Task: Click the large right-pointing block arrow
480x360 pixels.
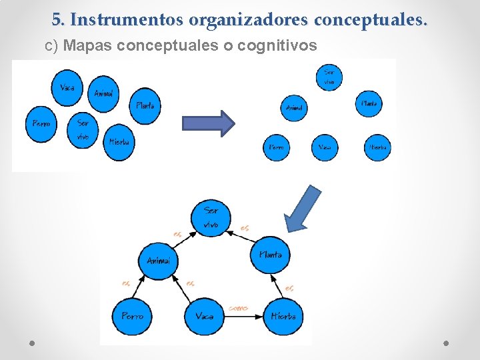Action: [x=209, y=123]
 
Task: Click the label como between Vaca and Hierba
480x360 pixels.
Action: [x=238, y=308]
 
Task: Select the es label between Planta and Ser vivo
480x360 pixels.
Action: [x=245, y=228]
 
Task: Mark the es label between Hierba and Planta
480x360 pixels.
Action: [x=289, y=288]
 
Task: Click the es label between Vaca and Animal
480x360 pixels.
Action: [x=191, y=283]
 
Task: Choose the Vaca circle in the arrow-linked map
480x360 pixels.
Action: [x=204, y=316]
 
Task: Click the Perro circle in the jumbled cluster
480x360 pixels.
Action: [x=41, y=124]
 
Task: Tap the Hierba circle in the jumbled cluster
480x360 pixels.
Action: [x=119, y=141]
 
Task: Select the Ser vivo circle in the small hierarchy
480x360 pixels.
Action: [x=329, y=77]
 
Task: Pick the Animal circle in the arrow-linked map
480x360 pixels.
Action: [x=157, y=261]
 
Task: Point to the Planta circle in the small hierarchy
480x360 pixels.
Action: [x=369, y=104]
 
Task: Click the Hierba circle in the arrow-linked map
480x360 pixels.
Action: [x=283, y=315]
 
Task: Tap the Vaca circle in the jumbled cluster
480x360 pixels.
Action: [x=67, y=89]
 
